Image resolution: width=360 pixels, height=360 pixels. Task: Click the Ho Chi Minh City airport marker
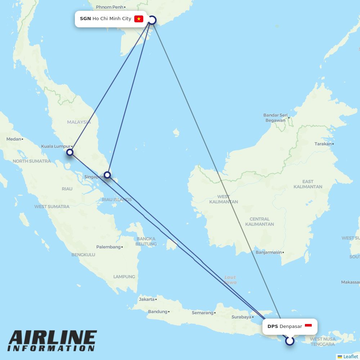[152, 20]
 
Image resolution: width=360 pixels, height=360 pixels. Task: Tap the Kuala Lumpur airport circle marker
[70, 152]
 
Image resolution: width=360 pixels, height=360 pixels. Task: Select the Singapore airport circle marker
[107, 175]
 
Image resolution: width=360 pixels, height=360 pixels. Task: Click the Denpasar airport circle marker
[290, 341]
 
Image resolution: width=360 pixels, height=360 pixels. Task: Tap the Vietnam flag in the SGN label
[139, 19]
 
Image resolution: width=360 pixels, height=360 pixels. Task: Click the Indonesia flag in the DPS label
[308, 326]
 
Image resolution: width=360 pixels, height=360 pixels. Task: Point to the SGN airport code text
[85, 19]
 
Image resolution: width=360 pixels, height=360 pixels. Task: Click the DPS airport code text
[273, 327]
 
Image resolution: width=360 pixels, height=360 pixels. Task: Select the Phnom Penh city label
[110, 7]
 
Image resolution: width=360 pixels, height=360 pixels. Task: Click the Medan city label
[14, 139]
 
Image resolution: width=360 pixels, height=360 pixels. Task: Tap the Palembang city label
[108, 247]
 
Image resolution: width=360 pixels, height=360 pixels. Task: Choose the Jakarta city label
[147, 299]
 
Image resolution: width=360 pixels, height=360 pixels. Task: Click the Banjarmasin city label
[269, 252]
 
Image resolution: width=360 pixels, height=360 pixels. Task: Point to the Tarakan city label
[323, 144]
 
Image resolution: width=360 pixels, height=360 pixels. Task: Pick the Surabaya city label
[241, 317]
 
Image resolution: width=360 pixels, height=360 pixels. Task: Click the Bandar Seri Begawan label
[275, 118]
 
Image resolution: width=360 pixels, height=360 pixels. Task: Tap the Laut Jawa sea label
[230, 280]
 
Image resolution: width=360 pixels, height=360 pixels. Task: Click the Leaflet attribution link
[350, 356]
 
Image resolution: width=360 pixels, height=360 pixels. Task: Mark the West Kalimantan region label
[223, 199]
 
